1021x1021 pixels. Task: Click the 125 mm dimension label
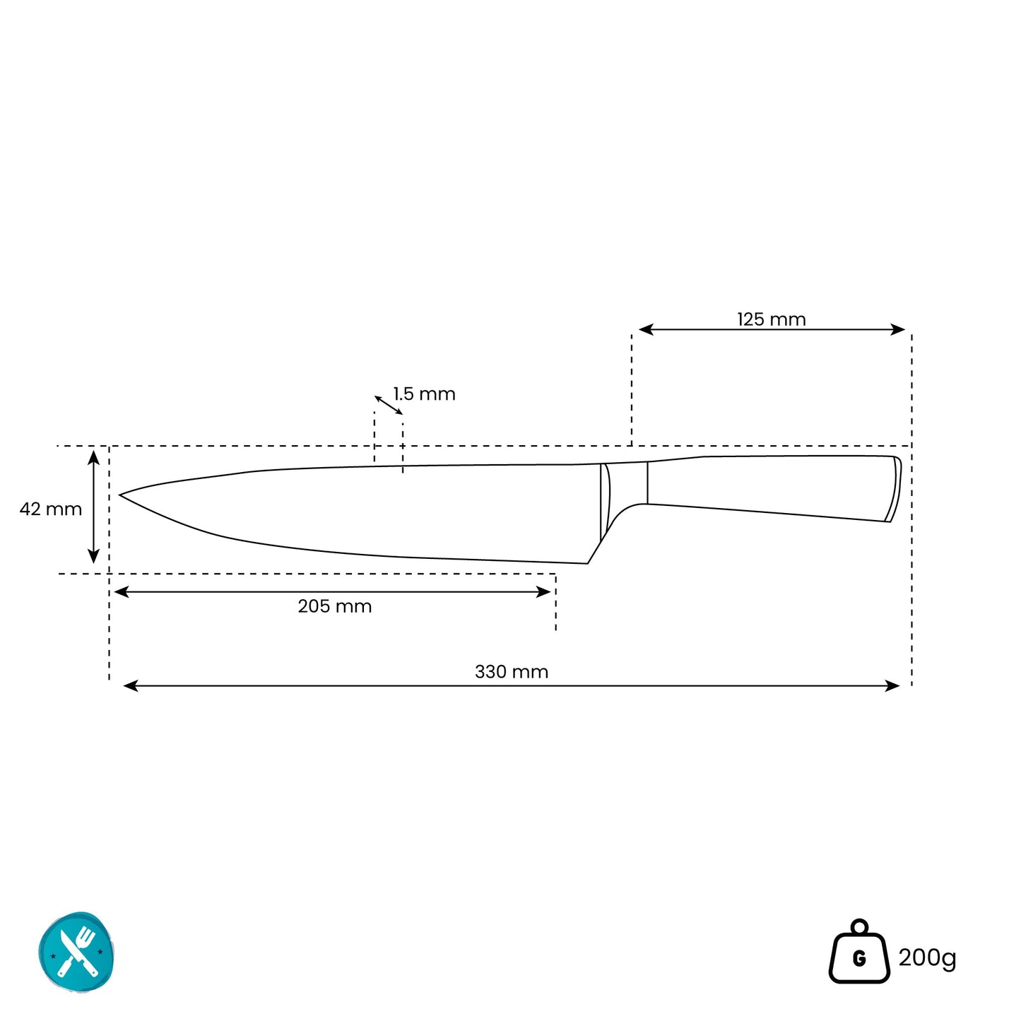click(771, 319)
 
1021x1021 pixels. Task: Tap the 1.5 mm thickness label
click(424, 394)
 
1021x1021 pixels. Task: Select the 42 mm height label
click(51, 509)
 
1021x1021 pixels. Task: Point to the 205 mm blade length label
click(334, 606)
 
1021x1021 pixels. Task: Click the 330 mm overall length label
click(512, 672)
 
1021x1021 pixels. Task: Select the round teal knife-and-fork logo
click(77, 952)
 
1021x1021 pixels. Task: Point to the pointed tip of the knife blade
click(119, 495)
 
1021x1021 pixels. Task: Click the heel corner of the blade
click(587, 563)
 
